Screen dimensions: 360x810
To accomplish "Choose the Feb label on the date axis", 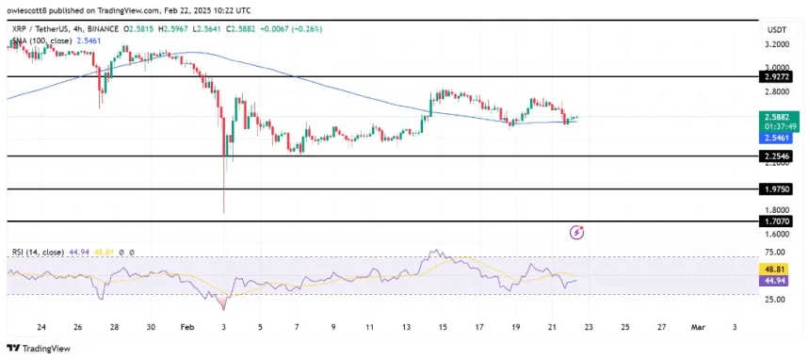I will pyautogui.click(x=186, y=327).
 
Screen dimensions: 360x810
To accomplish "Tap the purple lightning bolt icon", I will pyautogui.click(x=577, y=232).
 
